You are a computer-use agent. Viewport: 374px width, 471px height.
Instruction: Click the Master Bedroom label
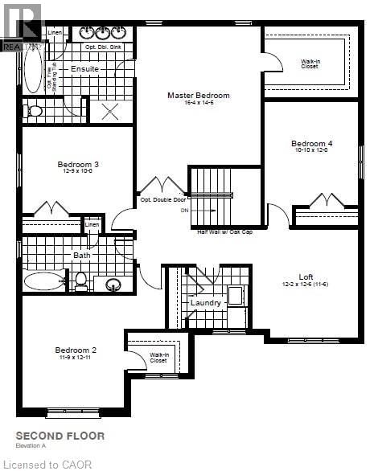198,95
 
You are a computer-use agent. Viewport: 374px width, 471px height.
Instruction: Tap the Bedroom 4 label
311,144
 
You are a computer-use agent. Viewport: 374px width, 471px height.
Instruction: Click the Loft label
306,276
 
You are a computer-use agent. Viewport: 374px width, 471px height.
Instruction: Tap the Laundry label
206,303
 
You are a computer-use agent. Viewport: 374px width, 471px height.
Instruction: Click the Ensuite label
84,69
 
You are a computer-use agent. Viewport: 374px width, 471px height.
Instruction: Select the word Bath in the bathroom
83,256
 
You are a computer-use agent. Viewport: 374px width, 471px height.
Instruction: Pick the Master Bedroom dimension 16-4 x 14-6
198,103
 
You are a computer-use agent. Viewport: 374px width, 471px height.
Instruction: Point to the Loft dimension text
309,285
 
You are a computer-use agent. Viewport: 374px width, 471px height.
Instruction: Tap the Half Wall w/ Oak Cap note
226,231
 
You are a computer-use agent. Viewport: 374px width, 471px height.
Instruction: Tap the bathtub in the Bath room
43,281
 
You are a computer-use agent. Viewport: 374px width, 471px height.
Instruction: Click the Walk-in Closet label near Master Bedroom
310,63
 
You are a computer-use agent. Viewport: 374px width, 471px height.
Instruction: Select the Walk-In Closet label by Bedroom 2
158,357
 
